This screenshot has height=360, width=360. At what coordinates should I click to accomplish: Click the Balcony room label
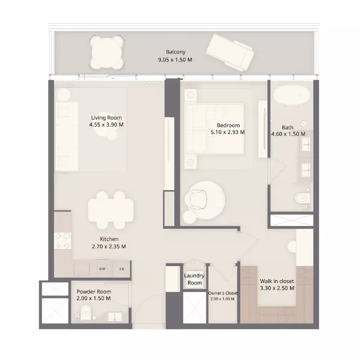pos(175,52)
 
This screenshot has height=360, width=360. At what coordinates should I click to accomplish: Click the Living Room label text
pos(107,118)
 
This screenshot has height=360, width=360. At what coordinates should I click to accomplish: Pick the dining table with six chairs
pos(111,210)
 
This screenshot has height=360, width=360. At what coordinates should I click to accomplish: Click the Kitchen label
pos(109,239)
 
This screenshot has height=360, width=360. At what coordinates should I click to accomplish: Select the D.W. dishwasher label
pos(103,269)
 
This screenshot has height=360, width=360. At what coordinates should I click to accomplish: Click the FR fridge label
pos(121,269)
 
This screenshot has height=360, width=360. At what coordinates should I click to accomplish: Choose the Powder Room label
pos(93,292)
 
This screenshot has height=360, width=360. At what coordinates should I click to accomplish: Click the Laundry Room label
pos(194,279)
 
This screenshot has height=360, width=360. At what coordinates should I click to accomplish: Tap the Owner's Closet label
pos(223,293)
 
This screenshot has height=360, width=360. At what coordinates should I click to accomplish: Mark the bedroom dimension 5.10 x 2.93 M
pos(228,133)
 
